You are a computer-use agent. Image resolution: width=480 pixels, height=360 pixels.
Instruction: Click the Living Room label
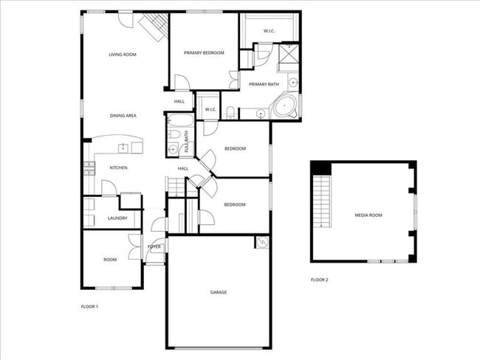point(123,55)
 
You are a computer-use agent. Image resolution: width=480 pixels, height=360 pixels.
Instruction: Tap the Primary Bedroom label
point(204,52)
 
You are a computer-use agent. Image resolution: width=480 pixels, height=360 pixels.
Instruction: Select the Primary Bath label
point(264,84)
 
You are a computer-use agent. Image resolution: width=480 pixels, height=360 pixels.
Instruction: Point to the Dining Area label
point(123,116)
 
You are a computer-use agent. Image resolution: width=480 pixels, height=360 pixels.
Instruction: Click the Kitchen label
point(118,168)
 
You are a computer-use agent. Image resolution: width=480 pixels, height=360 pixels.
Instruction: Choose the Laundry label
point(118,218)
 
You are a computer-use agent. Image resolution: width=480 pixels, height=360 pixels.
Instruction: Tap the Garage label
point(219,293)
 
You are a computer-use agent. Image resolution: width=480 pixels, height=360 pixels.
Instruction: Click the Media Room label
point(368,215)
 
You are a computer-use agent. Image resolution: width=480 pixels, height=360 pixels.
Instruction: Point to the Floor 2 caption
point(319,280)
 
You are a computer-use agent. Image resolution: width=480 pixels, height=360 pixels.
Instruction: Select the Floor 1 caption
point(89,306)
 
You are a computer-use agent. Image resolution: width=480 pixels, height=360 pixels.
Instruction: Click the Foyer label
point(154,246)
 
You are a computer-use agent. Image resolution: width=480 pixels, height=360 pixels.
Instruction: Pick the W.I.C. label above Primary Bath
point(270,31)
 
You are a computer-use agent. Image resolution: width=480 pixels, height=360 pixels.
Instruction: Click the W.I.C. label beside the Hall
point(210,111)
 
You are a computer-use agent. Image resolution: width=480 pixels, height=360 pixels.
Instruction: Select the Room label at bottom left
point(110,260)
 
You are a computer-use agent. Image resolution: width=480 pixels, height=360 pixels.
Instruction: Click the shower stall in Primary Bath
point(288,54)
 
